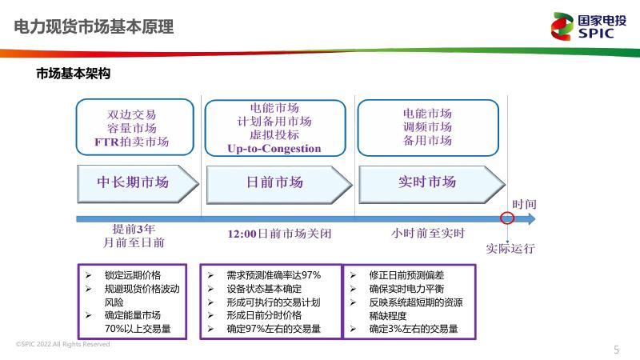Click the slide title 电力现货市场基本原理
pos(94,27)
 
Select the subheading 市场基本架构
pos(73,74)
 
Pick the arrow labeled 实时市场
pos(427,182)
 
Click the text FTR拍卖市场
pos(132,142)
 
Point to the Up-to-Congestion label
pos(274,149)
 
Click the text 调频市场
pos(427,126)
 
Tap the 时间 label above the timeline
pos(525,205)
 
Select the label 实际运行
pos(510,248)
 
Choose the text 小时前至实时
pos(428,234)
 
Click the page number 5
pos(616,349)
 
